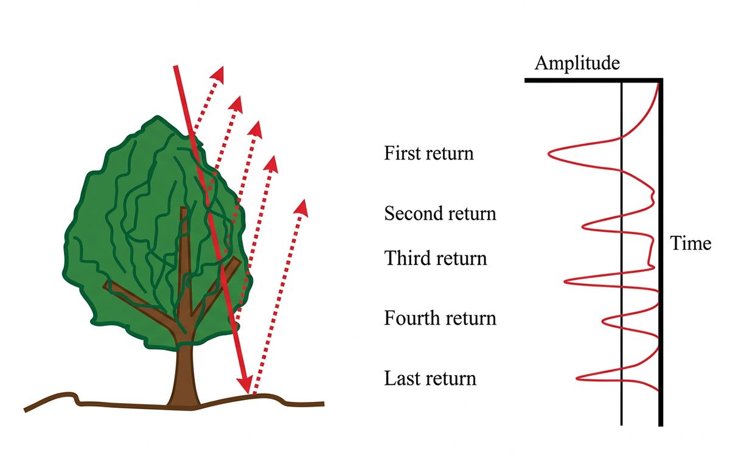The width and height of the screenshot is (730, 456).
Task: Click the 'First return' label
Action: tap(428, 153)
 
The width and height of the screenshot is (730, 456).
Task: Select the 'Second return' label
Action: tap(440, 213)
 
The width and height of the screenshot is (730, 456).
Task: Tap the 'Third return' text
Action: tap(435, 258)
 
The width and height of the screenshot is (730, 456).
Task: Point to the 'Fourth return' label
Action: tap(440, 318)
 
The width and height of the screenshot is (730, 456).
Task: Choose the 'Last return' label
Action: tap(429, 378)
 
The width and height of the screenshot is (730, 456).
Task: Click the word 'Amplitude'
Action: tap(577, 63)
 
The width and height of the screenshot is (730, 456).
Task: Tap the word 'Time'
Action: tap(690, 244)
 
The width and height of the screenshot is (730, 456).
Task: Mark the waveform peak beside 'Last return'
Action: tap(578, 378)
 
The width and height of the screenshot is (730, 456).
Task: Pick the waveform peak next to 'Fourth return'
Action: tap(603, 319)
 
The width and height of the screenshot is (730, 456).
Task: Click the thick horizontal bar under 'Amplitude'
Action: tap(593, 80)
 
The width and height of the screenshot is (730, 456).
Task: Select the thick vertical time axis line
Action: tap(661, 255)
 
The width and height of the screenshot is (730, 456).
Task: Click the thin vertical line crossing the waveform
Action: tap(621, 255)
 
